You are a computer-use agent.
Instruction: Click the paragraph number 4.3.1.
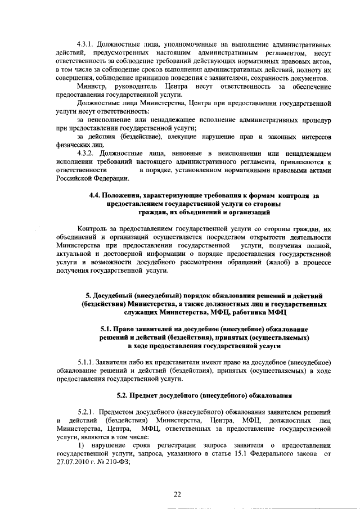(86, 44)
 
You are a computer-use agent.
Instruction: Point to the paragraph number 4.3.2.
(86, 152)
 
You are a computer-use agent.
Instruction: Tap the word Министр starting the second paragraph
(90, 87)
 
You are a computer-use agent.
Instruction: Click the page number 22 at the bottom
(177, 494)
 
